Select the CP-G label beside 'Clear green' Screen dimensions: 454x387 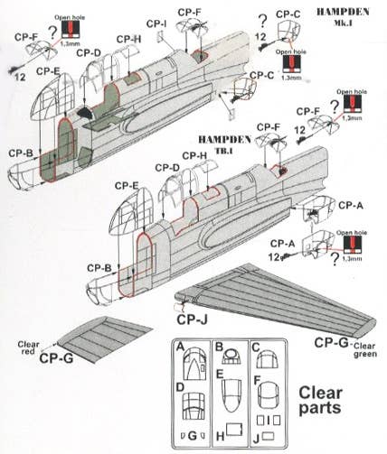coord(329,343)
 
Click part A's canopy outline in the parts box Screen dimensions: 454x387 coord(192,366)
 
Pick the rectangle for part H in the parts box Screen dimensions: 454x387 coord(230,432)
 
